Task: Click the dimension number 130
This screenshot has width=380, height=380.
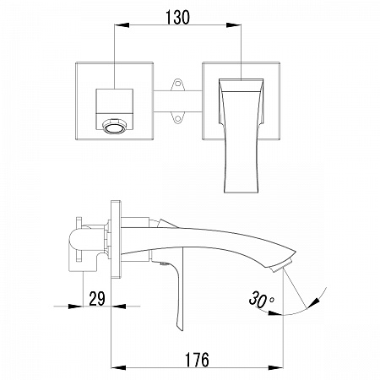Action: [177, 17]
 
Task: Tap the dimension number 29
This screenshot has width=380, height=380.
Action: [97, 299]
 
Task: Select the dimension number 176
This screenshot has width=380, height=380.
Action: [197, 360]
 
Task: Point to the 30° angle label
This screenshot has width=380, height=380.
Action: [261, 299]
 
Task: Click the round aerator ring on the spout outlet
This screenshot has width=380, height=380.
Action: [115, 126]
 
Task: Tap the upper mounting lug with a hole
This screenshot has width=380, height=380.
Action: [177, 84]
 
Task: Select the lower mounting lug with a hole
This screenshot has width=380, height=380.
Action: [177, 118]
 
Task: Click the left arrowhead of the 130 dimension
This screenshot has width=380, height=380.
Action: [122, 25]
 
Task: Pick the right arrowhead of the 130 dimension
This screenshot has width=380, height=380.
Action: [234, 25]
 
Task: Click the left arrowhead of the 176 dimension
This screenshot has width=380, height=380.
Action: [118, 367]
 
